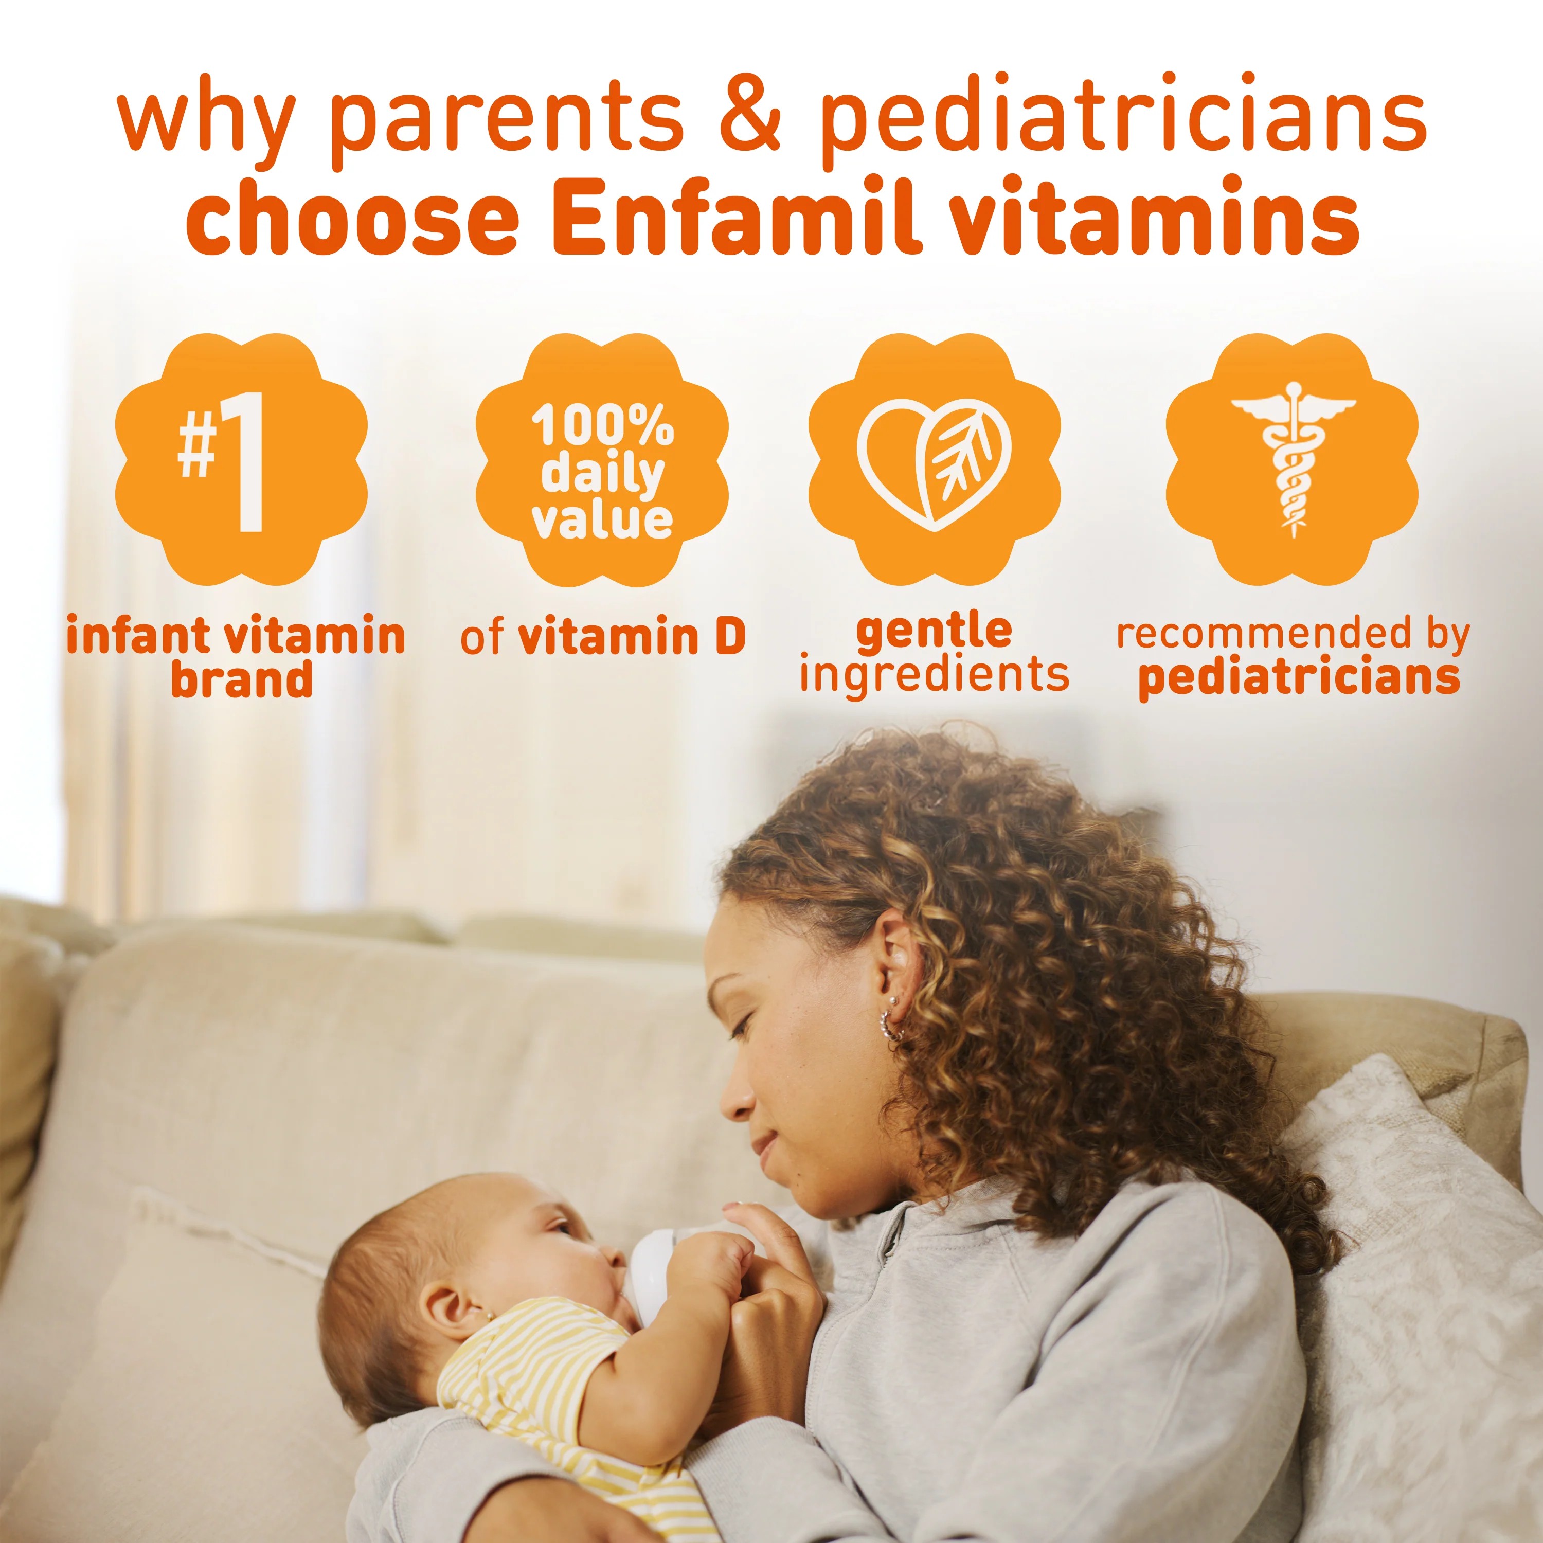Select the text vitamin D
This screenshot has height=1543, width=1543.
[x=632, y=637]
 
